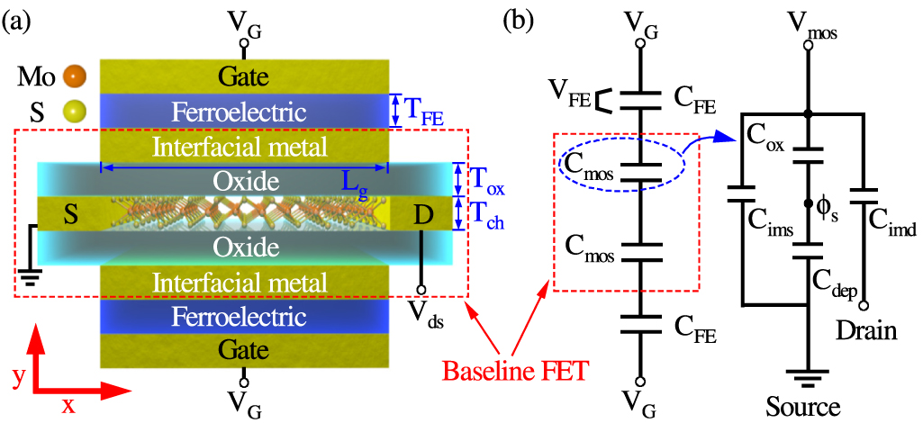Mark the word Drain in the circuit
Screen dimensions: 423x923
coord(865,331)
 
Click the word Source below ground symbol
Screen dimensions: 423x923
coord(803,407)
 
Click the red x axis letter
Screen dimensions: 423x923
coord(68,404)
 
